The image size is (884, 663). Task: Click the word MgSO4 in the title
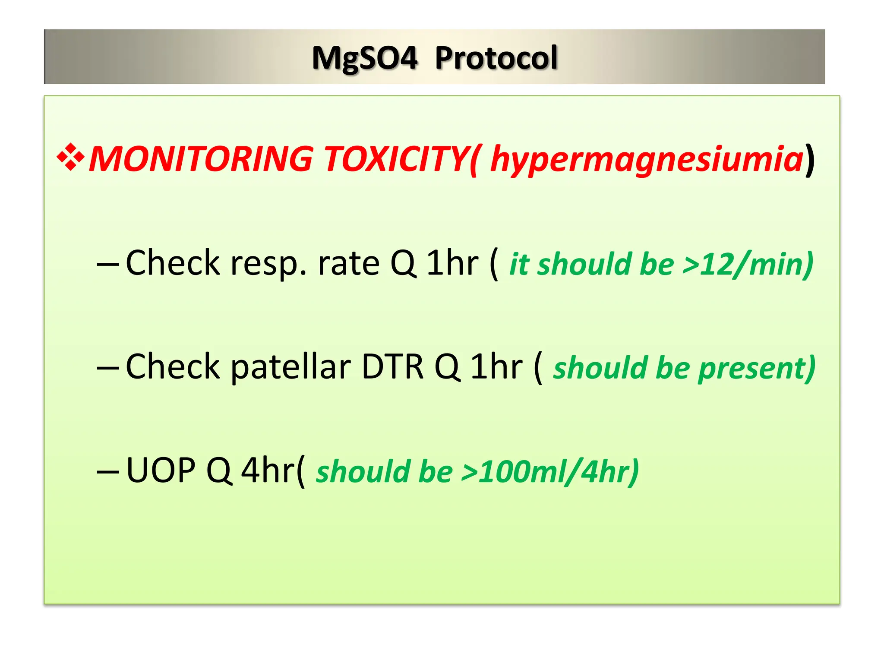tap(365, 58)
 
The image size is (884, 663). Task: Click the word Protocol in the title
tap(496, 58)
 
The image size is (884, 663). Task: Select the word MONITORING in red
tap(201, 159)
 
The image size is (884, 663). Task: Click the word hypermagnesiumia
tap(647, 159)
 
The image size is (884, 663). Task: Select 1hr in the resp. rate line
tap(452, 263)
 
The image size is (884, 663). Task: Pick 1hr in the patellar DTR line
tap(496, 367)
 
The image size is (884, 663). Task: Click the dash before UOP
tap(108, 471)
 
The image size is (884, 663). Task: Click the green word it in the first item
tap(519, 264)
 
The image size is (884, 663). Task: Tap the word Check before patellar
tap(173, 367)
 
